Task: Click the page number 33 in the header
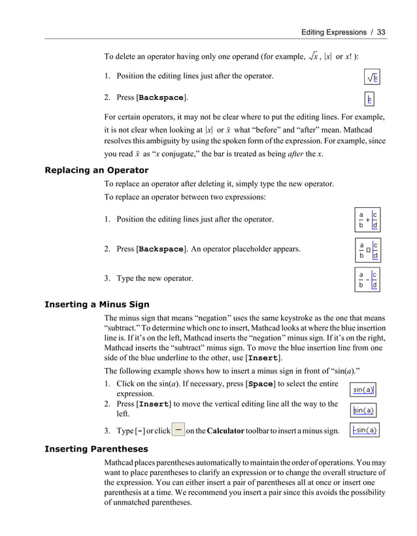pyautogui.click(x=382, y=31)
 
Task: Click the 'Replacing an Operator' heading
pyautogui.click(x=96, y=171)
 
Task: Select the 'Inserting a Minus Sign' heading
pyautogui.click(x=96, y=304)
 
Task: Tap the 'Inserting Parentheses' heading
pyautogui.click(x=95, y=449)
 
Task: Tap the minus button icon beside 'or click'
pyautogui.click(x=178, y=431)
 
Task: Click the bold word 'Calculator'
pyautogui.click(x=227, y=431)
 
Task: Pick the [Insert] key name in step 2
pyautogui.click(x=155, y=404)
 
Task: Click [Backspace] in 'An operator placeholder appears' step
pyautogui.click(x=161, y=249)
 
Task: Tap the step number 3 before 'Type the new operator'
pyautogui.click(x=107, y=278)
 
